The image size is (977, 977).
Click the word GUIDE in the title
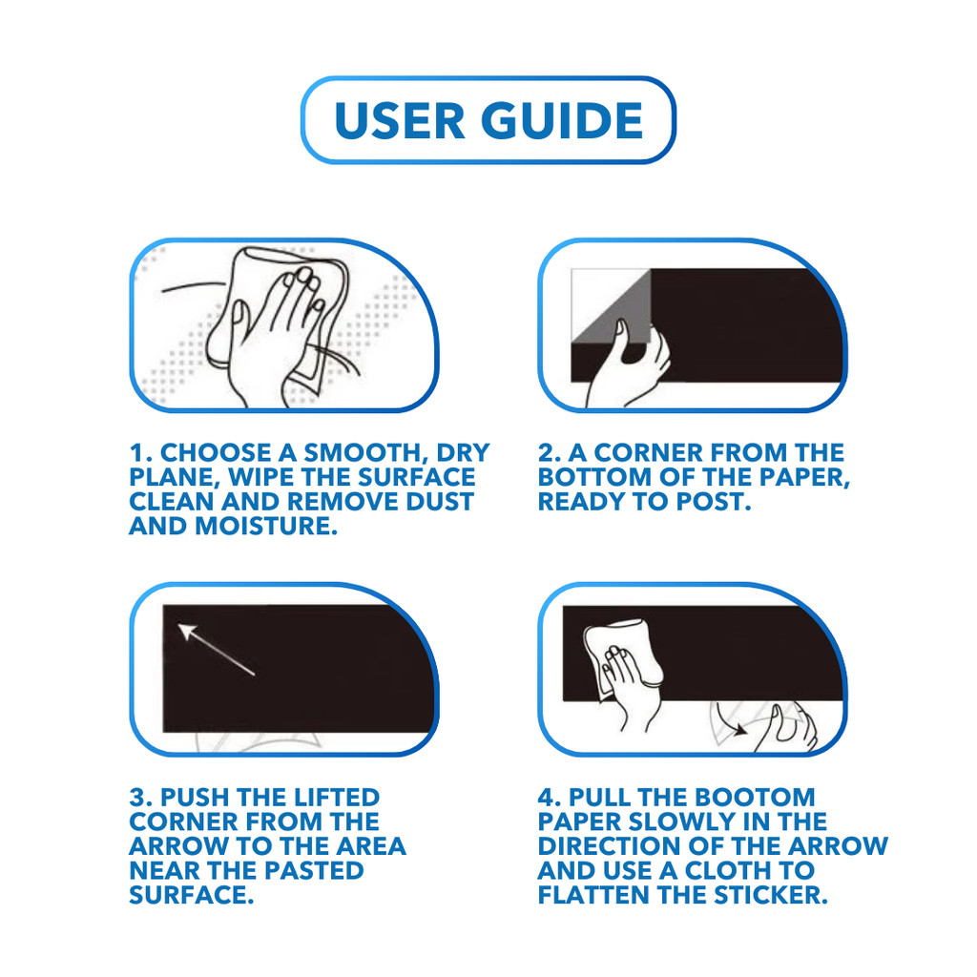tap(562, 120)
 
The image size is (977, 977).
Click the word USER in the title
tap(400, 120)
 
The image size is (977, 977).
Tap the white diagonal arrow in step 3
tap(217, 649)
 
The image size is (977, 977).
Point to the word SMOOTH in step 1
tap(362, 453)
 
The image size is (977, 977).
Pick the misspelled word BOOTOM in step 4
tap(755, 798)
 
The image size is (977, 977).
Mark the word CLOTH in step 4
tap(728, 871)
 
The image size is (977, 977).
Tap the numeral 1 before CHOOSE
tap(136, 453)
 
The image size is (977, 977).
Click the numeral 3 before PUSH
tap(137, 798)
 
